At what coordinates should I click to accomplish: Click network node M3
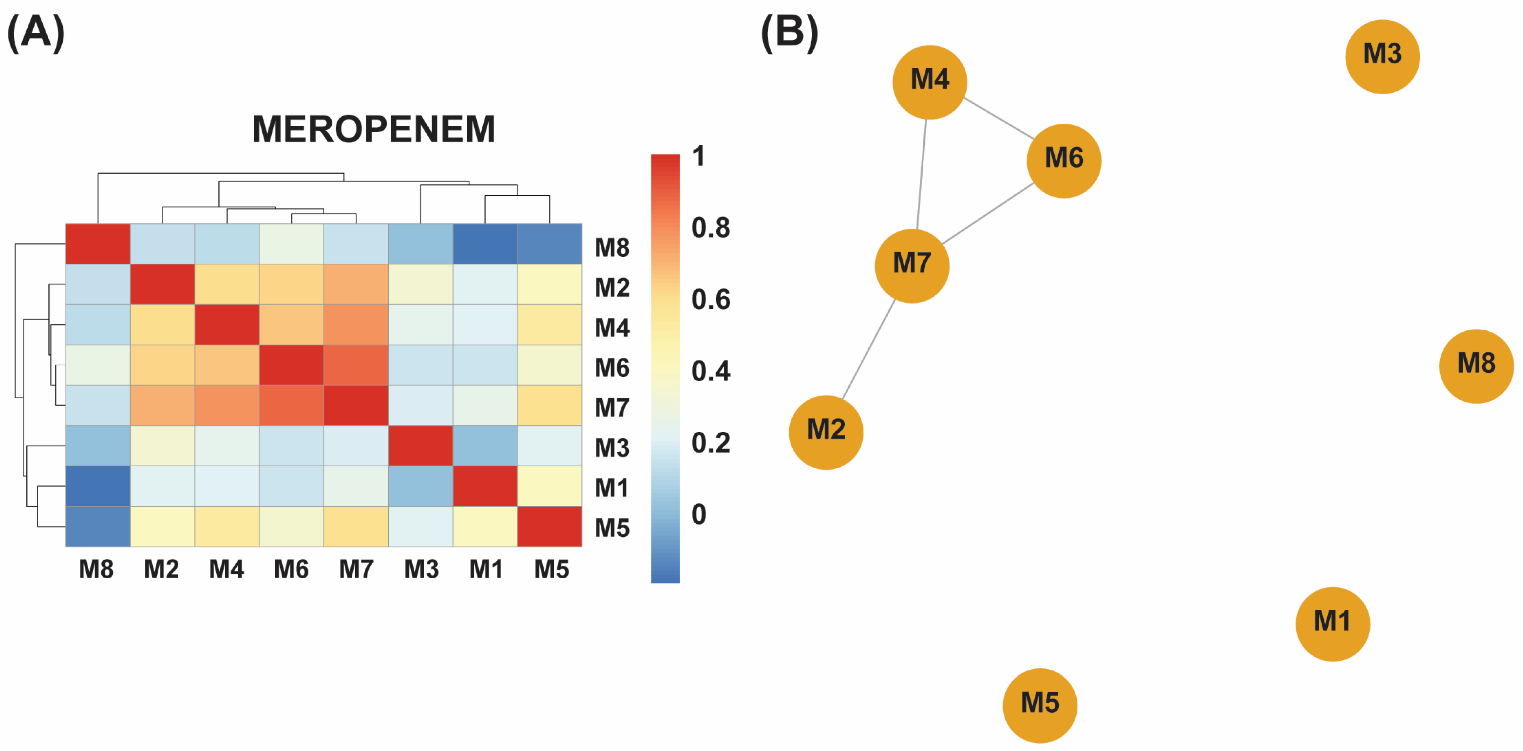1382,57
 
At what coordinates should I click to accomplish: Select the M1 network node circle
1332,624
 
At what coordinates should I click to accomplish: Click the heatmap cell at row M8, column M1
485,244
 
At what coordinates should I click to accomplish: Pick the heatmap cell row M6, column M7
356,365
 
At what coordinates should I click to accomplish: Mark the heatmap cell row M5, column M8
98,526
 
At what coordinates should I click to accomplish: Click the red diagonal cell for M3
420,445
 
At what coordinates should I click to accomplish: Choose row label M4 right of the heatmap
612,328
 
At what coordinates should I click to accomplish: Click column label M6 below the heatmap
291,569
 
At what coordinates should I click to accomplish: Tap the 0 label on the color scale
699,514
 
